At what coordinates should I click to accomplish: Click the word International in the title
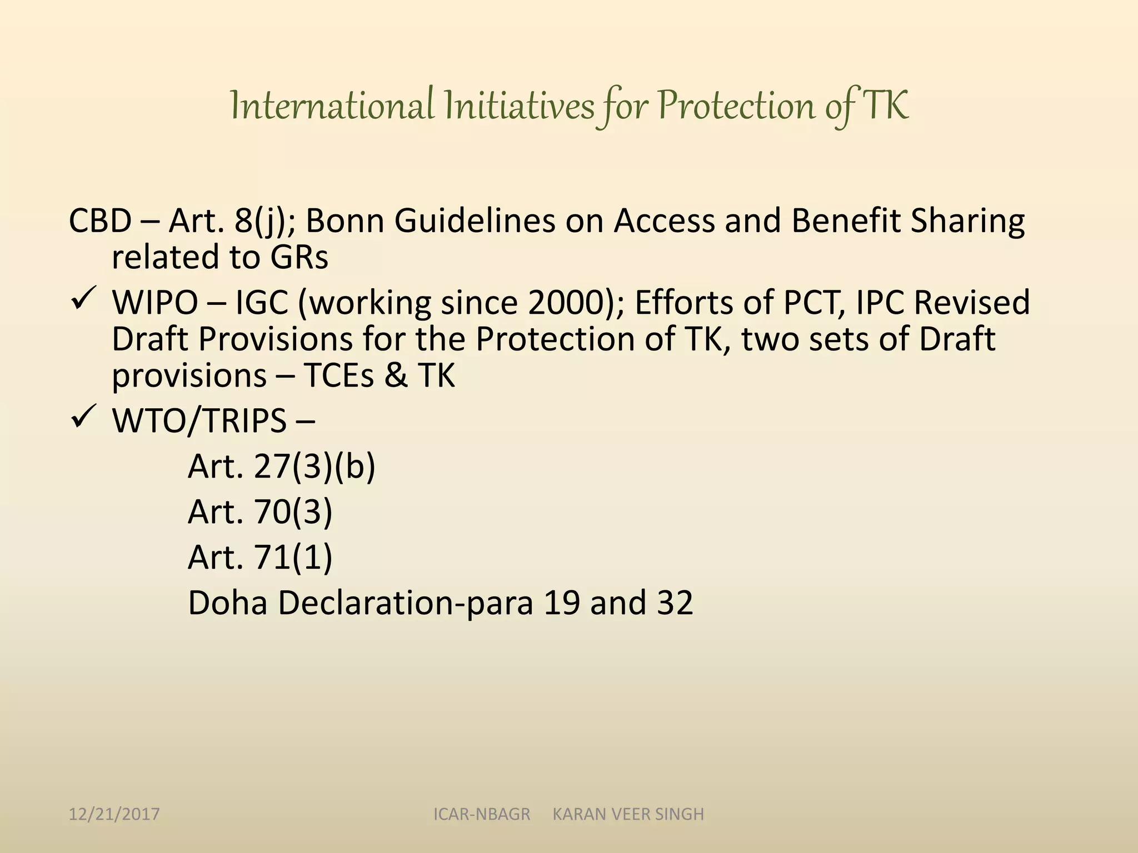point(332,106)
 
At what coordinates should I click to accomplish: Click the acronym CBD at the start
point(100,220)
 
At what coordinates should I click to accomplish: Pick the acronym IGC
point(262,303)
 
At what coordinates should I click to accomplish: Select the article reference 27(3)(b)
point(315,466)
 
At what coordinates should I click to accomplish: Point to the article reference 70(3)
point(293,511)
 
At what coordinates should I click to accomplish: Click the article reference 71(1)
point(293,557)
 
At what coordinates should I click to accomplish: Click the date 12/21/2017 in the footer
point(114,814)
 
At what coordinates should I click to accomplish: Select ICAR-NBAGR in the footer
point(482,814)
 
